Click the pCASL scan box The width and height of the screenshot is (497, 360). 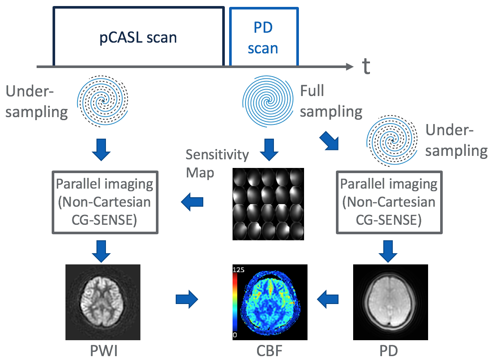138,37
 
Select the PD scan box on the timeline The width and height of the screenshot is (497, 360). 263,37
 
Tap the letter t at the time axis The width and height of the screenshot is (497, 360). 366,67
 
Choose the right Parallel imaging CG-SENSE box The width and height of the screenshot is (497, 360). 388,202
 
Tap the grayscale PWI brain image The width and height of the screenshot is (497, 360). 103,301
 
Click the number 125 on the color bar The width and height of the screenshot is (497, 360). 239,270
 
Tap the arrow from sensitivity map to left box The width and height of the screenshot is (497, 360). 193,202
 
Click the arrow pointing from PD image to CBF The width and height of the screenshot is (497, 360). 329,298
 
